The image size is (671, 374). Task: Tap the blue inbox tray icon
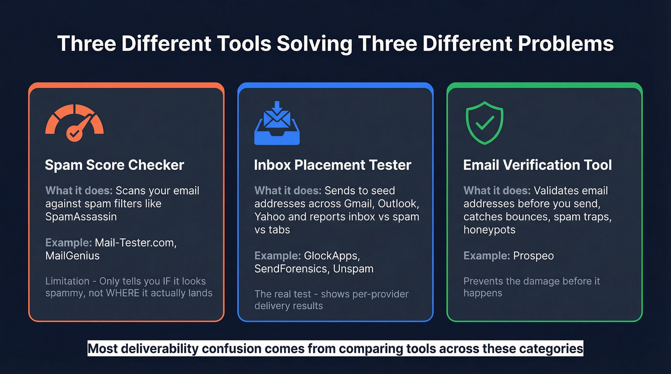pyautogui.click(x=277, y=123)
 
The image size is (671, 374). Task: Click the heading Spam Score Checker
pyautogui.click(x=114, y=165)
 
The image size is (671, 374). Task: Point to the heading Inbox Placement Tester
pyautogui.click(x=333, y=165)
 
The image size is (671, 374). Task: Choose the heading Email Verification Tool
pyautogui.click(x=537, y=165)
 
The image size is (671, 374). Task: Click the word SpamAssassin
pyautogui.click(x=81, y=216)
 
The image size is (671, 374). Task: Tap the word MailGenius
pyautogui.click(x=72, y=256)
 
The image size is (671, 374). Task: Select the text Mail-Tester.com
pyautogui.click(x=136, y=243)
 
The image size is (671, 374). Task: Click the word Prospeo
pyautogui.click(x=533, y=256)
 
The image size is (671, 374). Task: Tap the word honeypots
pyautogui.click(x=489, y=230)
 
